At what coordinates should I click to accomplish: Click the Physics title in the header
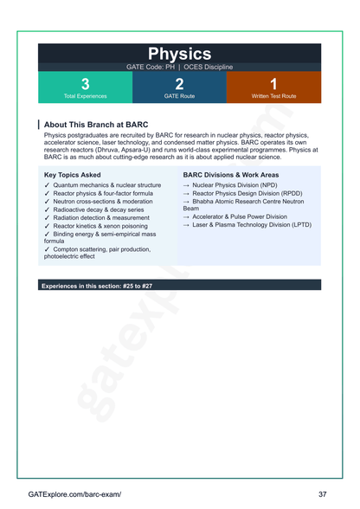[x=179, y=55]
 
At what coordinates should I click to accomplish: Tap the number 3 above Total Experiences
[x=85, y=84]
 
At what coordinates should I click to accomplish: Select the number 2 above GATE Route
[x=179, y=84]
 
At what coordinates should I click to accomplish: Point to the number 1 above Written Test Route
[x=273, y=84]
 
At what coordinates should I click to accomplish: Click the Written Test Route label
[x=273, y=96]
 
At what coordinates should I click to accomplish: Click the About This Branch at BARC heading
[x=95, y=125]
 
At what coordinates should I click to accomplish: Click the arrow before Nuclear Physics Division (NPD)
[x=186, y=185]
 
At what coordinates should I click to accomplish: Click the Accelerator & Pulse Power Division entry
[x=239, y=216]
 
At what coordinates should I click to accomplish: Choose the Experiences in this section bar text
[x=97, y=286]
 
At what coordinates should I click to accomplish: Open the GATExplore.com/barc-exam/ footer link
[x=74, y=493]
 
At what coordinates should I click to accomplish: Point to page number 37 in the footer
[x=322, y=493]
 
